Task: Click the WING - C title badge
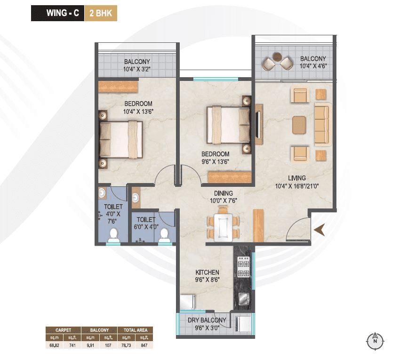[x=57, y=14]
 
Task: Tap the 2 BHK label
[x=100, y=14]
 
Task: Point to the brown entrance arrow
[x=320, y=229]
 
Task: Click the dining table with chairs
[x=223, y=226]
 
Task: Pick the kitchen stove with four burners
[x=243, y=267]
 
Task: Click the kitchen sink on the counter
[x=243, y=298]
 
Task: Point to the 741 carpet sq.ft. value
[x=72, y=345]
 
